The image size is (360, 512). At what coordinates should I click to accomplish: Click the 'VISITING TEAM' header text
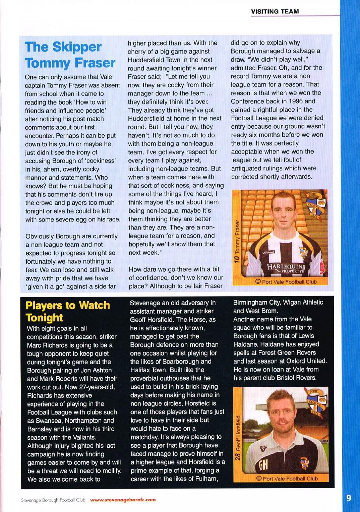click(275, 11)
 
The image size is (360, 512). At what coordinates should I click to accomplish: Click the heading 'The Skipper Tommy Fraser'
click(70, 55)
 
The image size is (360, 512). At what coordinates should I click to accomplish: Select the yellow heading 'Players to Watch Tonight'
click(68, 311)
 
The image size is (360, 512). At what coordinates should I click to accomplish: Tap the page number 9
click(349, 498)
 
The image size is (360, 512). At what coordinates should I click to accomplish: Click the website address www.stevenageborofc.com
click(123, 500)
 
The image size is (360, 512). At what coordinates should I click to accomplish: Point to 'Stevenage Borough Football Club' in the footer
click(53, 500)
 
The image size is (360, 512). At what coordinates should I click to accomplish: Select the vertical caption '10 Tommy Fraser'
click(237, 241)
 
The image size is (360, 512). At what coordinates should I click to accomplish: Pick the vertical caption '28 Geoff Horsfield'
click(238, 438)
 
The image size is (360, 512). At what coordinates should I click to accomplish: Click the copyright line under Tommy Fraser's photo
click(286, 282)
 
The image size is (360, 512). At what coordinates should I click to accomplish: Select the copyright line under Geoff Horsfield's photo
click(287, 478)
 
